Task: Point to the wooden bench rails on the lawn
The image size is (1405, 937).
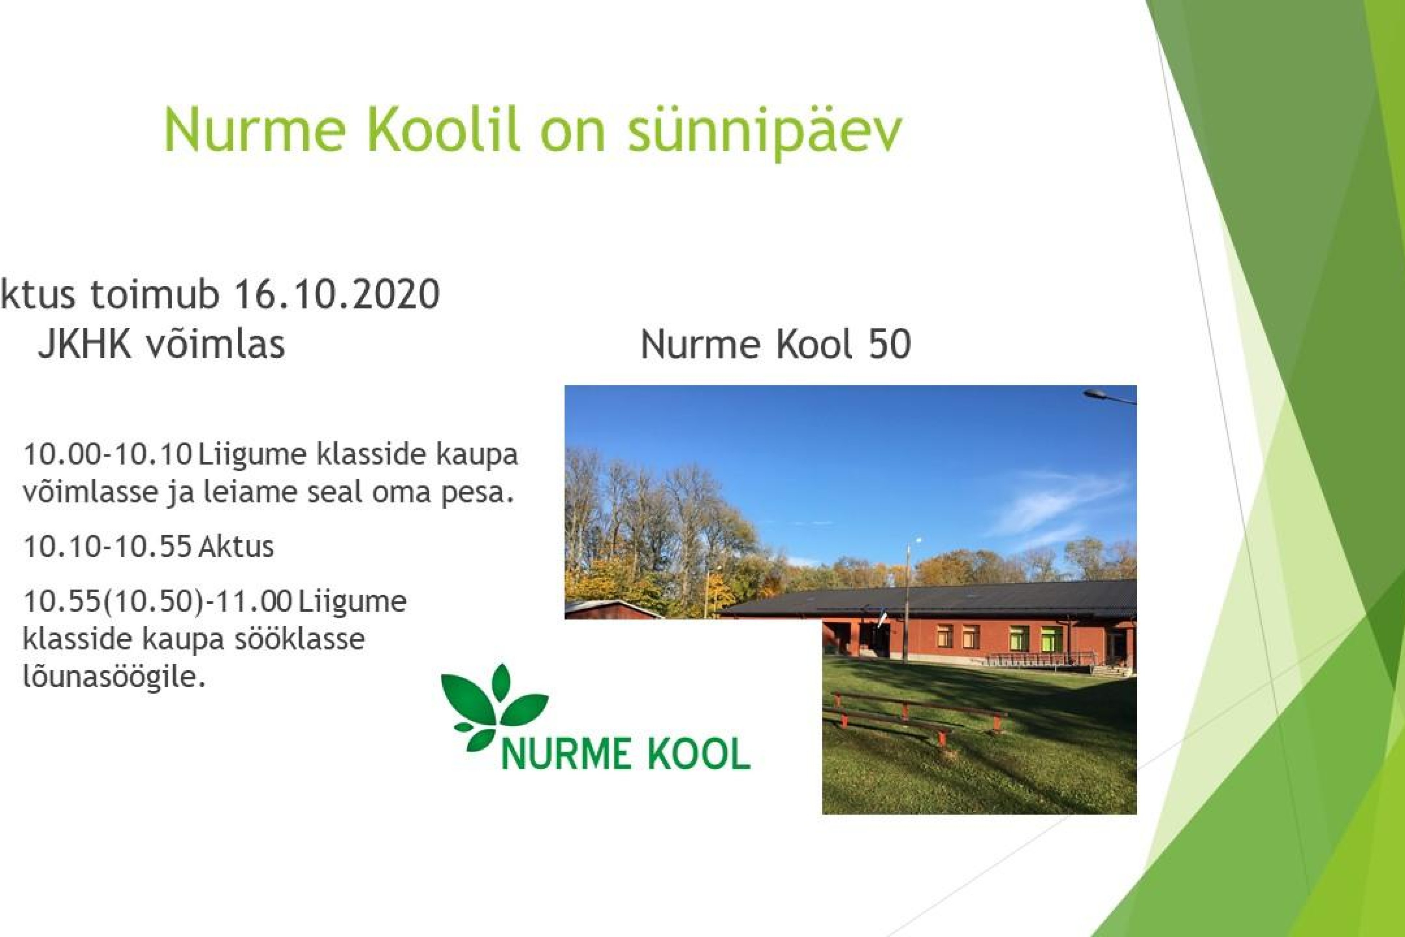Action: coord(914,717)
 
